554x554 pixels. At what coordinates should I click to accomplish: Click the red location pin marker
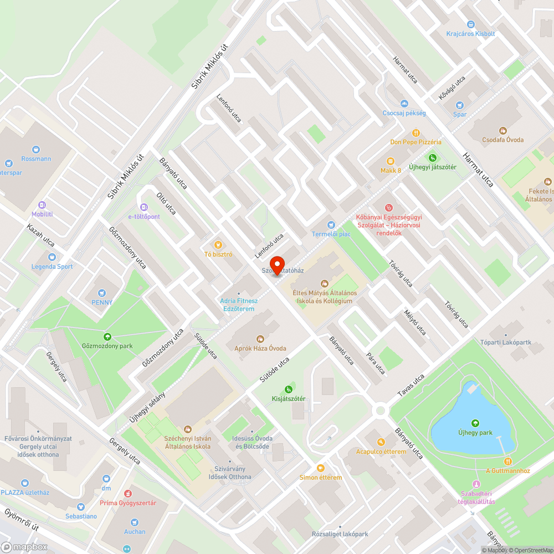(x=276, y=265)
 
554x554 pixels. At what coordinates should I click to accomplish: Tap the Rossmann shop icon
(x=36, y=149)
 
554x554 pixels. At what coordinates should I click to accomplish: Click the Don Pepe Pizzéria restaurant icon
(x=416, y=133)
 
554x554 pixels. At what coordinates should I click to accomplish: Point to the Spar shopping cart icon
(x=459, y=105)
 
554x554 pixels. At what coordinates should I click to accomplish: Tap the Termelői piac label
(x=331, y=234)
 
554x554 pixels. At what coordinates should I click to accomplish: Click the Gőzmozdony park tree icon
(x=106, y=336)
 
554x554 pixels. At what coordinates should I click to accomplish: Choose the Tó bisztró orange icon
(x=218, y=245)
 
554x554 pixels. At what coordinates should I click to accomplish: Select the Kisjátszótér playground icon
(x=288, y=389)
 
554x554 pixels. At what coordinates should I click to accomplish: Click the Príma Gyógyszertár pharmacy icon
(x=128, y=493)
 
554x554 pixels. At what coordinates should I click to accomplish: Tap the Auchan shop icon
(x=135, y=522)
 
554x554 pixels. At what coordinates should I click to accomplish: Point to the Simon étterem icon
(x=320, y=468)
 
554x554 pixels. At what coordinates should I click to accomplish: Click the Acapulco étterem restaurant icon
(x=381, y=442)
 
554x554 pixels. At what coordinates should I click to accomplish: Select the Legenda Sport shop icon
(x=52, y=257)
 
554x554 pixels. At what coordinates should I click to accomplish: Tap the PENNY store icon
(x=102, y=293)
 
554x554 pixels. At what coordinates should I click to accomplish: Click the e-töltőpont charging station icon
(x=144, y=207)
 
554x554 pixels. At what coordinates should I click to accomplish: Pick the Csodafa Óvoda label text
(x=502, y=140)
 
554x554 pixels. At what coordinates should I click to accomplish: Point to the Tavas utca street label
(x=411, y=385)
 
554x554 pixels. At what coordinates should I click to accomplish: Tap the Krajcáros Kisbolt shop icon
(x=471, y=24)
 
